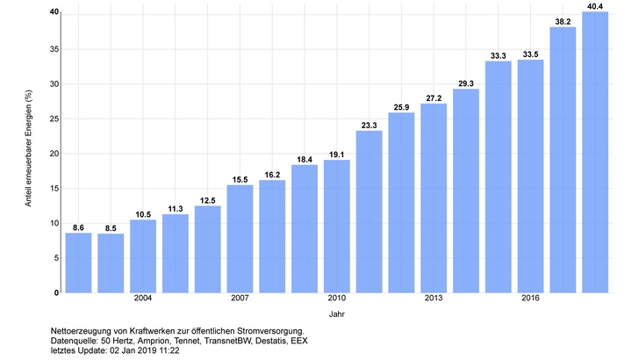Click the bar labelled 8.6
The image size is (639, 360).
78,263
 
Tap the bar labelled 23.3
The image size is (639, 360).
369,212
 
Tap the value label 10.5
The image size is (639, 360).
143,212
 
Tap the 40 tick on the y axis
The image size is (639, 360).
54,12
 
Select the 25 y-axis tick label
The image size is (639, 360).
54,118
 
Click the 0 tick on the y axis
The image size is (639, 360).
56,292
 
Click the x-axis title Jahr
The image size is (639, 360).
337,313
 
